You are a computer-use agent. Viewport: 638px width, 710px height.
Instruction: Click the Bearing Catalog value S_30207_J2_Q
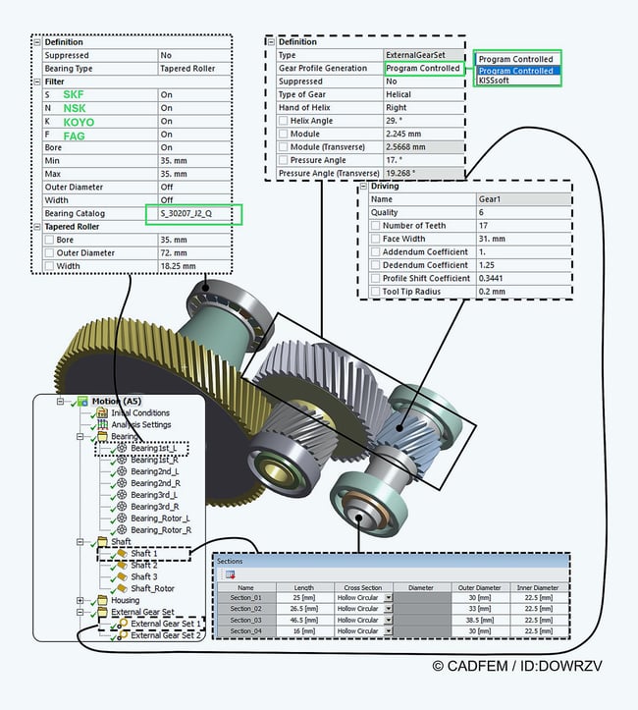coord(192,213)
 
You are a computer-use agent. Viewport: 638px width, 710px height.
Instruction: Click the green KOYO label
coord(80,122)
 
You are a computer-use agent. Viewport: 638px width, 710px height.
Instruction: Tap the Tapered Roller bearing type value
coord(187,69)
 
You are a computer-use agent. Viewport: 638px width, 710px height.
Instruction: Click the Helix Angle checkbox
coord(284,121)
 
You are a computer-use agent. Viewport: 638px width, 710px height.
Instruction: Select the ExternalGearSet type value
coord(423,56)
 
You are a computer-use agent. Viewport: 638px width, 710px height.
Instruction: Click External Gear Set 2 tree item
coord(166,635)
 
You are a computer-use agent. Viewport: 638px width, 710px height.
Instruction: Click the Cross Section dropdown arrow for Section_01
coord(388,597)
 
